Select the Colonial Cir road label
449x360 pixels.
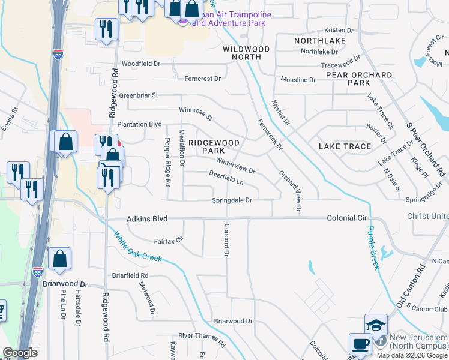coord(346,219)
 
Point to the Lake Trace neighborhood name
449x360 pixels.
coord(345,146)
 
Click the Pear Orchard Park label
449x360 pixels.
coord(359,79)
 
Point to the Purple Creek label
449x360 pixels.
coord(374,247)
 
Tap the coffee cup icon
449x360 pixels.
coord(360,344)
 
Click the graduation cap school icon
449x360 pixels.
coord(376,325)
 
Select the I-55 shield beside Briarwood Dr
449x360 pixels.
coord(37,273)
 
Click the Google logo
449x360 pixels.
coord(19,353)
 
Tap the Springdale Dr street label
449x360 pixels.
coord(231,200)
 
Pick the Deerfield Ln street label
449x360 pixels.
coord(226,180)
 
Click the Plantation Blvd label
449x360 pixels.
coord(139,124)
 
